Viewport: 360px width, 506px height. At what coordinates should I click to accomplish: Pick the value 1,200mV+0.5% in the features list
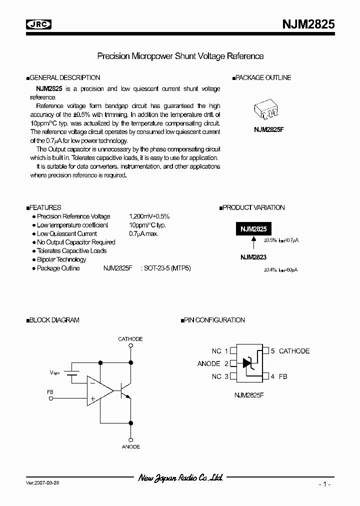pos(149,216)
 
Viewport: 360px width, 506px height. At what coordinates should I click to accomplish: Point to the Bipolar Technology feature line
pos(61,259)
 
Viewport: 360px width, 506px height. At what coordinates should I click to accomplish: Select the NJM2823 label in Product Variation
pos(253,257)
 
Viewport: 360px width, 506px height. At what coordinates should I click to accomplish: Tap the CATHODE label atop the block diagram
pos(130,339)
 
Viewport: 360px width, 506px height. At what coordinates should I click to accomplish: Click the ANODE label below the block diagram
pos(131,446)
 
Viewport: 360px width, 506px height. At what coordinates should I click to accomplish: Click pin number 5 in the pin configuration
pos(273,351)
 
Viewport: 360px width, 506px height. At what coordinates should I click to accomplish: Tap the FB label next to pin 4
pos(282,376)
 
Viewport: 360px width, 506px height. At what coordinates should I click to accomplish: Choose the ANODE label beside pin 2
pos(209,363)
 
